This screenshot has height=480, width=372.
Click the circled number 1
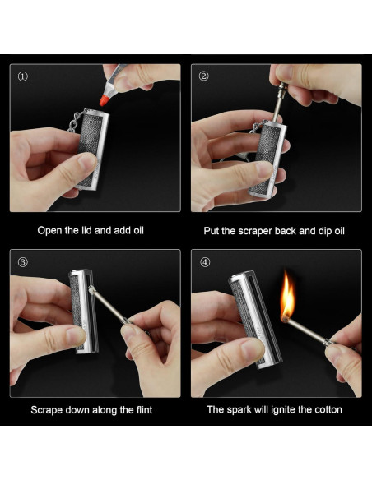point(23,76)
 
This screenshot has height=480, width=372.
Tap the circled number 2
point(203,76)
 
